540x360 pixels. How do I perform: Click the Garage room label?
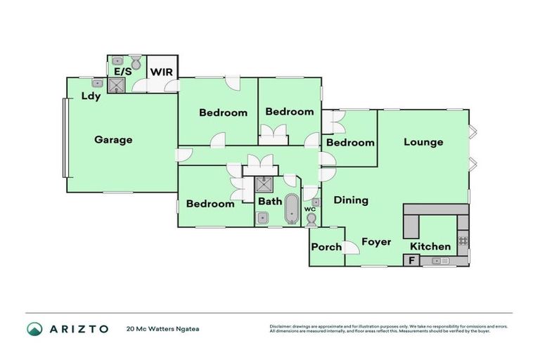coord(113,140)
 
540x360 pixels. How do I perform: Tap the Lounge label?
coord(423,142)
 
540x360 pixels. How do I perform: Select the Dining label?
coord(351,200)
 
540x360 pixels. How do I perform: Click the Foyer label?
coord(376,242)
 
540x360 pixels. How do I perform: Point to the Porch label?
coord(326,247)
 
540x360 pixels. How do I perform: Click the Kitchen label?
coord(430,246)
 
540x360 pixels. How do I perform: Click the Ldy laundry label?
coord(91,96)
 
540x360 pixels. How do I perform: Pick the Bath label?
coord(269,202)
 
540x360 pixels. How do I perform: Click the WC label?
coord(310,210)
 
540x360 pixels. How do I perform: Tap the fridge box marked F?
coord(411,261)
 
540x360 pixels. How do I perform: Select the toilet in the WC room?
coord(311,220)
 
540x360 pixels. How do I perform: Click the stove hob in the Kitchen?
coord(463,240)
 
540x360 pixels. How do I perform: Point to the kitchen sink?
coord(442,261)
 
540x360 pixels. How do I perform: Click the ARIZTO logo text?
coord(77,328)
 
